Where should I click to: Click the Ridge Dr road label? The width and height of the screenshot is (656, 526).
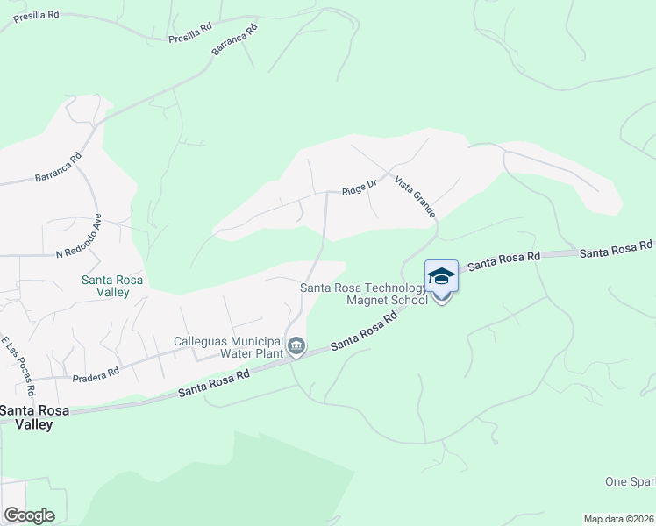[359, 188]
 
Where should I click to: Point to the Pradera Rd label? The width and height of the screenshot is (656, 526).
[96, 374]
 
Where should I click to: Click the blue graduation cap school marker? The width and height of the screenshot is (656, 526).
[441, 277]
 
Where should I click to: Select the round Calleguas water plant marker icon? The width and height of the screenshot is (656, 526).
[296, 348]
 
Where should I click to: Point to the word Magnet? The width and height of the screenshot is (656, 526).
[367, 300]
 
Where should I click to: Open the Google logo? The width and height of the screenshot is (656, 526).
[29, 515]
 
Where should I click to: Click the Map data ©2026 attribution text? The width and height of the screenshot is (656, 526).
[618, 519]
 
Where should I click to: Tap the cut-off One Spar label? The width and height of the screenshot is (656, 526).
[630, 481]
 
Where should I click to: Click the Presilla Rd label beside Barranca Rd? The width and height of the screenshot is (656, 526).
[190, 33]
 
